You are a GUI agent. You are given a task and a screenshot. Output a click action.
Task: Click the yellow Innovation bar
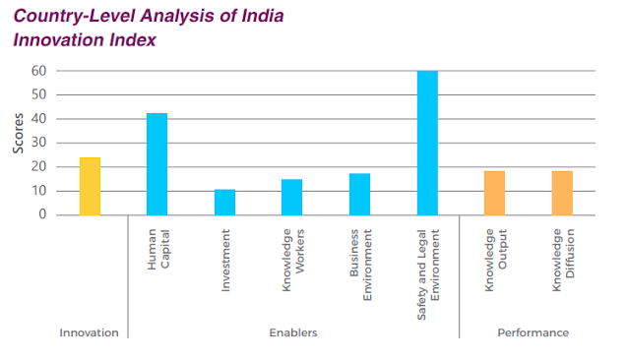pyautogui.click(x=90, y=186)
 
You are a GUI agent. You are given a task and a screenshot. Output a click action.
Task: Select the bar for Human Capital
pyautogui.click(x=157, y=164)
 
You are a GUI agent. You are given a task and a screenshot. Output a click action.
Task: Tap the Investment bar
pyautogui.click(x=224, y=202)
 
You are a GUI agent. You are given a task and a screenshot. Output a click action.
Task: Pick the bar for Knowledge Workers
pyautogui.click(x=291, y=197)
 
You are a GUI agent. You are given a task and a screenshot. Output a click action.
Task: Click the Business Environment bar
pyautogui.click(x=359, y=194)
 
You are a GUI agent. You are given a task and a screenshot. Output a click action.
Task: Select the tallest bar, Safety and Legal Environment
pyautogui.click(x=426, y=143)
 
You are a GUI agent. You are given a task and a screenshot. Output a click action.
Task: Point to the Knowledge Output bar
pyautogui.click(x=494, y=193)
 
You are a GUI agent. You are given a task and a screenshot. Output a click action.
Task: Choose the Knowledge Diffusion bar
pyautogui.click(x=561, y=193)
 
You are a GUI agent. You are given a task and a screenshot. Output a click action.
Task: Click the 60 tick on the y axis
pyautogui.click(x=38, y=71)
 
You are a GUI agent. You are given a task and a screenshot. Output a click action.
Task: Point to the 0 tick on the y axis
pyautogui.click(x=42, y=214)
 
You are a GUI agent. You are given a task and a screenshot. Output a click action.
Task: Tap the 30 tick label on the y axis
pyautogui.click(x=38, y=143)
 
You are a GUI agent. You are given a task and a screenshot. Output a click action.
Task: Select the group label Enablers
pyautogui.click(x=292, y=332)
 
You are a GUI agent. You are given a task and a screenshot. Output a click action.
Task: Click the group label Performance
pyautogui.click(x=533, y=332)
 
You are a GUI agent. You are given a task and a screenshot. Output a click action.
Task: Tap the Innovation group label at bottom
pyautogui.click(x=89, y=332)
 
